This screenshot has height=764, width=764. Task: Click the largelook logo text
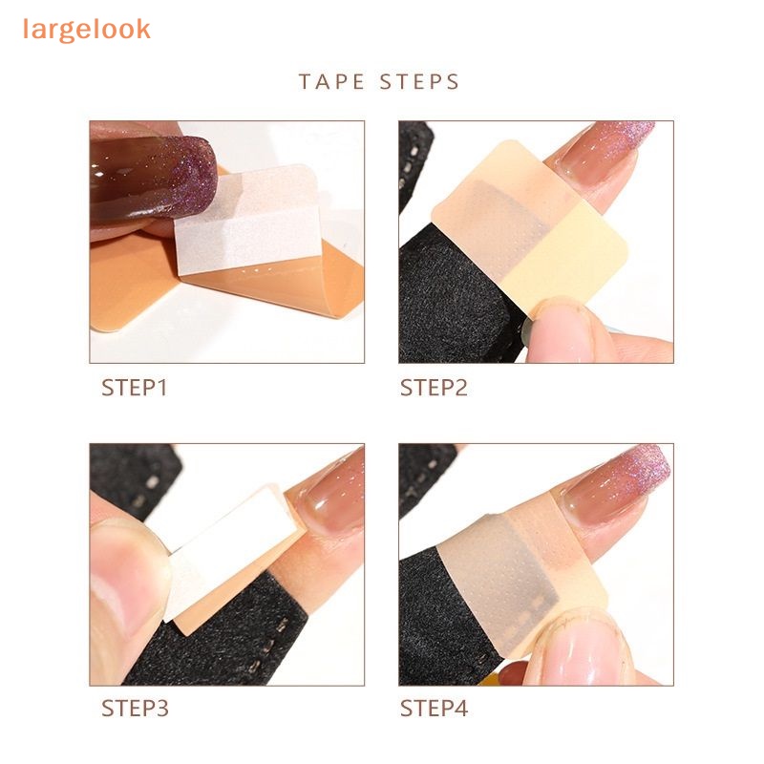click(87, 31)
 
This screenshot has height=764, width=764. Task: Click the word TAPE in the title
click(331, 82)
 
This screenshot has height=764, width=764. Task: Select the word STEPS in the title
click(419, 82)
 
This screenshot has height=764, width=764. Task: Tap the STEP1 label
click(135, 388)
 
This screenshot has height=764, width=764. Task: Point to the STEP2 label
click(434, 388)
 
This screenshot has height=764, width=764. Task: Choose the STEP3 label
click(135, 709)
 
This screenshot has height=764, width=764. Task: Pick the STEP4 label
click(435, 709)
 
